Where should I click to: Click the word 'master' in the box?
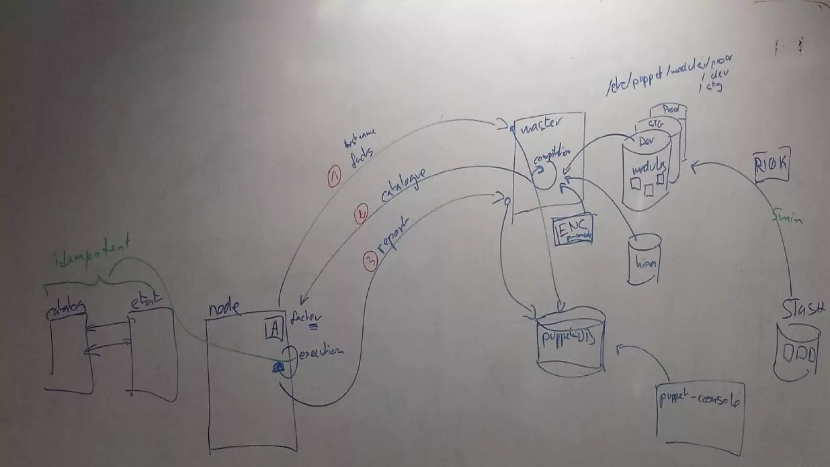point(541,126)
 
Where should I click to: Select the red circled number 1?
point(334,177)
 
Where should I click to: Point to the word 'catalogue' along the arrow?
point(403,185)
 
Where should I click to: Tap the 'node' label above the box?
point(223,308)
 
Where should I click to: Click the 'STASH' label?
point(802,310)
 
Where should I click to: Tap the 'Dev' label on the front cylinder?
point(648,142)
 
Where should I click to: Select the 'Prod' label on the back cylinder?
point(670,109)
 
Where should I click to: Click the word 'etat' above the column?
point(145,302)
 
